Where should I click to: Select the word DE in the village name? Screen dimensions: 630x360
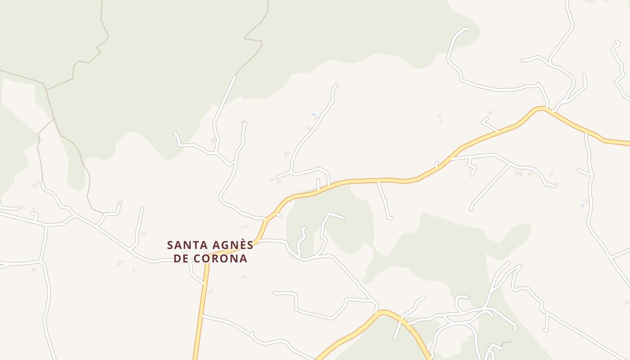pyautogui.click(x=181, y=259)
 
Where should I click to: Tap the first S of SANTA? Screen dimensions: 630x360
pyautogui.click(x=170, y=246)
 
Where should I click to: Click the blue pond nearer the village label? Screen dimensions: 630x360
pyautogui.click(x=314, y=114)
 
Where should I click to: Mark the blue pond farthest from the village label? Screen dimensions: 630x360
pyautogui.click(x=582, y=206)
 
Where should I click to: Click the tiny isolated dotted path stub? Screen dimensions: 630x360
pyautogui.click(x=507, y=342)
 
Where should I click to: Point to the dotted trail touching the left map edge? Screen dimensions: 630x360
pyautogui.click(x=1, y=70)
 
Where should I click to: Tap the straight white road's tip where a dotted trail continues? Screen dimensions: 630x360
pyautogui.click(x=234, y=77)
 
